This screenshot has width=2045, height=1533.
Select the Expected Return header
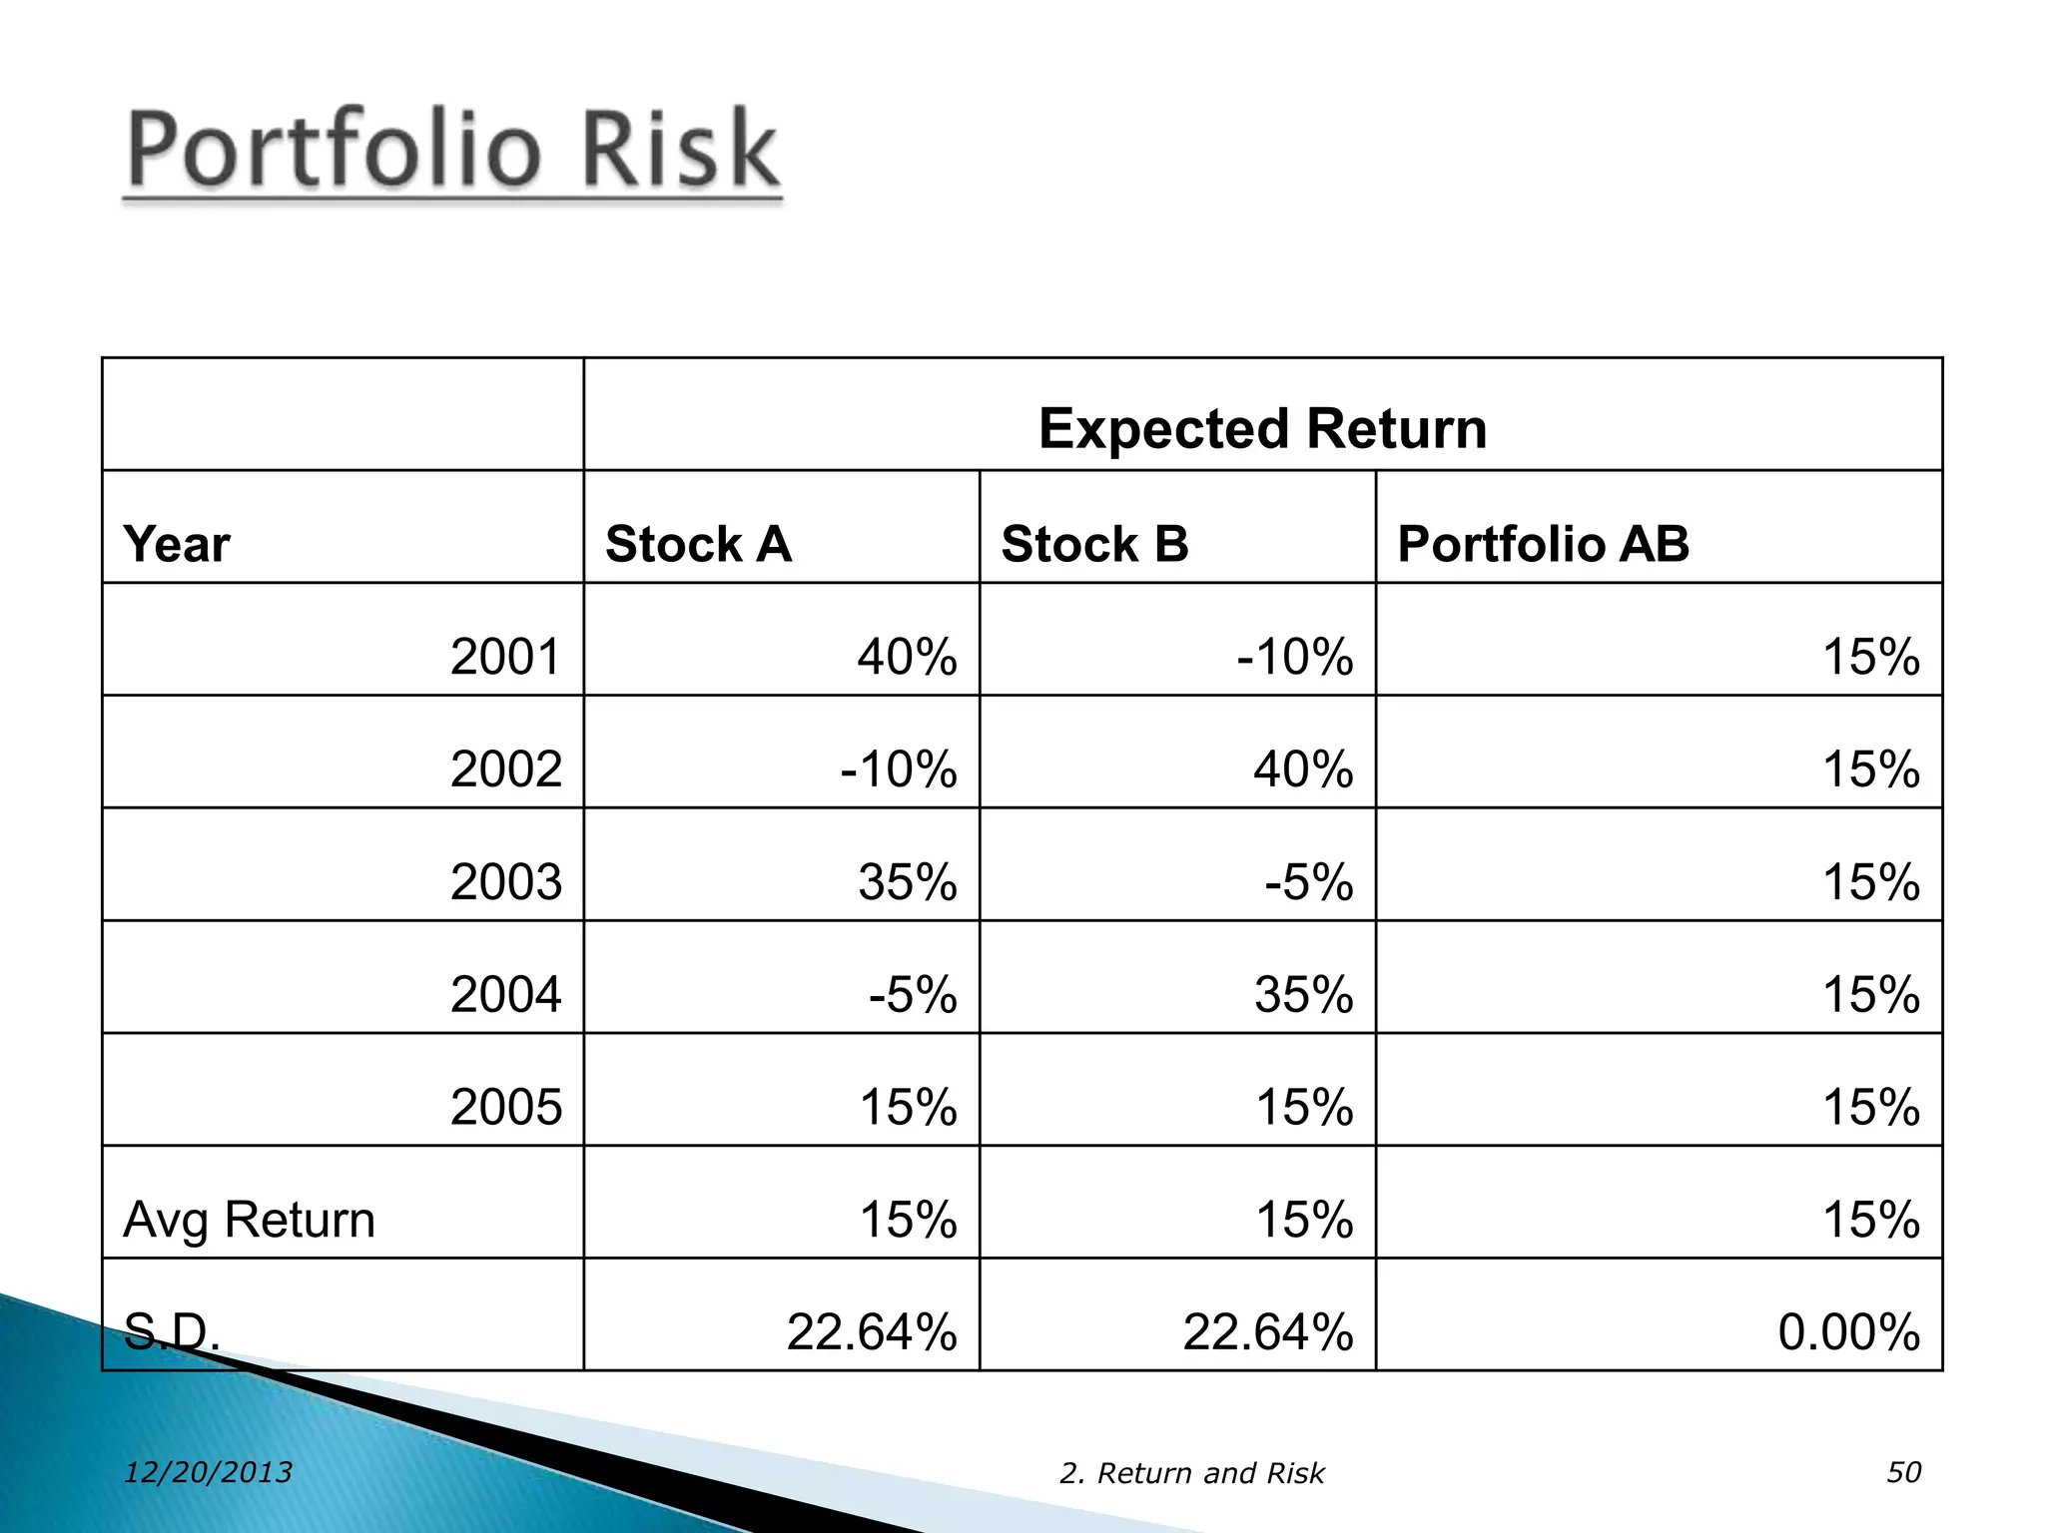(x=1262, y=428)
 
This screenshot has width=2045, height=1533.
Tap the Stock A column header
(x=698, y=544)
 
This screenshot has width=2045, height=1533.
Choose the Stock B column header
(x=1094, y=544)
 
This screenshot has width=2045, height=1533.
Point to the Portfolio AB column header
(x=1543, y=544)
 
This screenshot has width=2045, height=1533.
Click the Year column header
(x=176, y=545)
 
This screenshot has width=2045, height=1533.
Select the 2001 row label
(x=505, y=657)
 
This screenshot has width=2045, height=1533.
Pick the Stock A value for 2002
(x=898, y=769)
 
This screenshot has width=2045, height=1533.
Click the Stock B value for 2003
(x=1308, y=882)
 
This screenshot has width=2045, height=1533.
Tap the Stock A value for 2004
(x=912, y=995)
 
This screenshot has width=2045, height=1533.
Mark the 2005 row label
(x=505, y=1107)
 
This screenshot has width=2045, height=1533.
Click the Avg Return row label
(x=249, y=1220)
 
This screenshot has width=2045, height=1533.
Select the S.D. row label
(x=171, y=1331)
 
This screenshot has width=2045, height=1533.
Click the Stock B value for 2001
(x=1294, y=657)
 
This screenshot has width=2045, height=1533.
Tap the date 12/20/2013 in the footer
(x=208, y=1472)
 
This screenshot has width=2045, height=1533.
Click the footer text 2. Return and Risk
(x=1191, y=1473)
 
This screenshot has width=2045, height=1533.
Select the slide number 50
(x=1903, y=1472)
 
